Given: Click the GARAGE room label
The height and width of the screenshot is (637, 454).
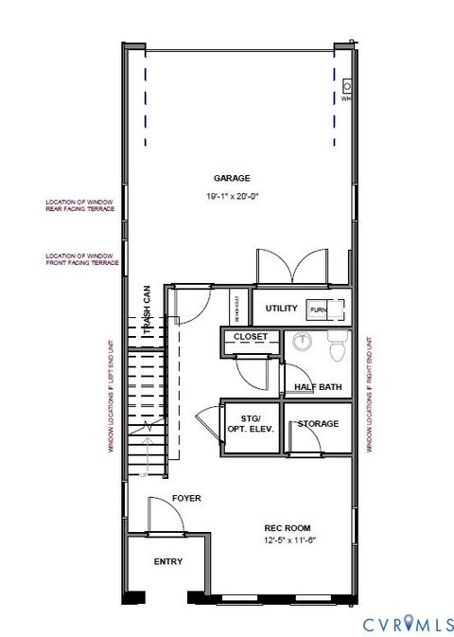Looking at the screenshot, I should (x=232, y=178).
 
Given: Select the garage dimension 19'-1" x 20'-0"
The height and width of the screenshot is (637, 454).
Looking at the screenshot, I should (x=232, y=196).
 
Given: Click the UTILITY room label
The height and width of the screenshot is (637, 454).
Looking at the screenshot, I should (x=281, y=309).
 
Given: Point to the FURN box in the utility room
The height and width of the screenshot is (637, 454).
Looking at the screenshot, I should (x=318, y=310).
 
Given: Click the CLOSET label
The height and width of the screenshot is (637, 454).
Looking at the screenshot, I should (x=252, y=337).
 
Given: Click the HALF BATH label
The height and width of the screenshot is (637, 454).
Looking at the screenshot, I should (x=317, y=386).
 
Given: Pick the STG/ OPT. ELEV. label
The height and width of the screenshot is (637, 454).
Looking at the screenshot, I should (x=251, y=423).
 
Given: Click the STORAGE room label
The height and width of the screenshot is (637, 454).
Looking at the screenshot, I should (x=318, y=423).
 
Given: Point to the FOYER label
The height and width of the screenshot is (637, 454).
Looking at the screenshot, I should (x=185, y=498).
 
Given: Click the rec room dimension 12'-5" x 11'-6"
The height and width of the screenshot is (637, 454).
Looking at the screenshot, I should (x=288, y=541).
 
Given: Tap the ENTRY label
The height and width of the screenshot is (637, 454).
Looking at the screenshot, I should (x=167, y=561).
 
